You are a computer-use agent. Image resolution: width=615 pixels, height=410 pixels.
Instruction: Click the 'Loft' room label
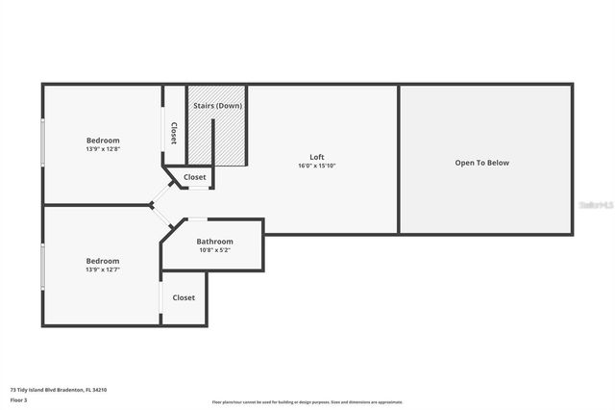coord(316,157)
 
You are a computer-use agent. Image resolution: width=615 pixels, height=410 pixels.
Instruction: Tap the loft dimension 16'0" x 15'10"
coord(316,166)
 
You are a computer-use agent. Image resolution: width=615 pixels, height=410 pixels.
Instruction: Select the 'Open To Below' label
coord(482,163)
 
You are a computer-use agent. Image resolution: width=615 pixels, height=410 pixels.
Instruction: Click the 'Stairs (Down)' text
coord(217,105)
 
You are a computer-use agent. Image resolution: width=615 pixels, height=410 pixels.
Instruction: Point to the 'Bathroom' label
coord(214,242)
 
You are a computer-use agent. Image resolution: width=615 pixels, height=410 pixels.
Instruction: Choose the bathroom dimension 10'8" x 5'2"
coord(214,250)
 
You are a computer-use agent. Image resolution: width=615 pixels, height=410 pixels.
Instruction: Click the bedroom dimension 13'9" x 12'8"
coord(103,149)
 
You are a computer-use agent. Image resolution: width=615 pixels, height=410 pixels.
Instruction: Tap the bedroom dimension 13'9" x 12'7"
coord(103,269)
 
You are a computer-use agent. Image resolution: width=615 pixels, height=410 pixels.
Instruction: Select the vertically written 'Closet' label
coord(174,132)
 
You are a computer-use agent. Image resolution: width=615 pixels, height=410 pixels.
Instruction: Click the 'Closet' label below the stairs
coord(195,177)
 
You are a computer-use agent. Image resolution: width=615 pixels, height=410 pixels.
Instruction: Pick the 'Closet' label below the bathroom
coord(184,297)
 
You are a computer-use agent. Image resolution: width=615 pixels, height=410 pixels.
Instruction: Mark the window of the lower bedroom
coord(42,267)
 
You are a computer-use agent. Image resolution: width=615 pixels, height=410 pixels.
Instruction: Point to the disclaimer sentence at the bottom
coord(307,402)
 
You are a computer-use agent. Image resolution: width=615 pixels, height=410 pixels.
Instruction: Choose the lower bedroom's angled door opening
coord(161,218)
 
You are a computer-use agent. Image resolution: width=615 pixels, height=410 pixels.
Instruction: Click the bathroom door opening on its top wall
coord(196,219)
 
